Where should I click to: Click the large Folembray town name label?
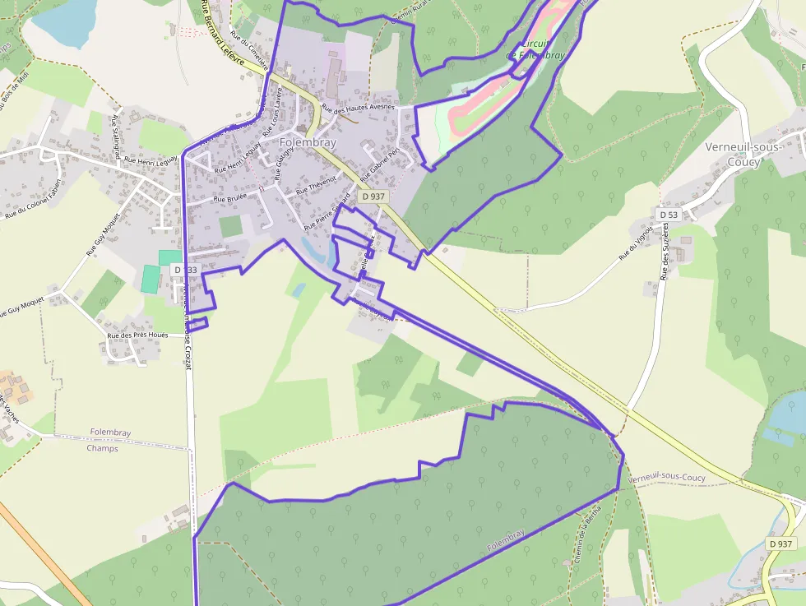[x=308, y=142]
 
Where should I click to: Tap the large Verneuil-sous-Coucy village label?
[x=744, y=155]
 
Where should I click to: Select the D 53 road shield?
[x=668, y=215]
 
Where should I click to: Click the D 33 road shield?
[x=184, y=270]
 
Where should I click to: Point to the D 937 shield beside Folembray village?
[x=373, y=197]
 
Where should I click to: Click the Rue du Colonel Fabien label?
[x=34, y=200]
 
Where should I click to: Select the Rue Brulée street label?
[x=231, y=198]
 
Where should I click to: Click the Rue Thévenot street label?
[x=317, y=184]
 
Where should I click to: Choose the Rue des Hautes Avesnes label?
[x=359, y=108]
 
